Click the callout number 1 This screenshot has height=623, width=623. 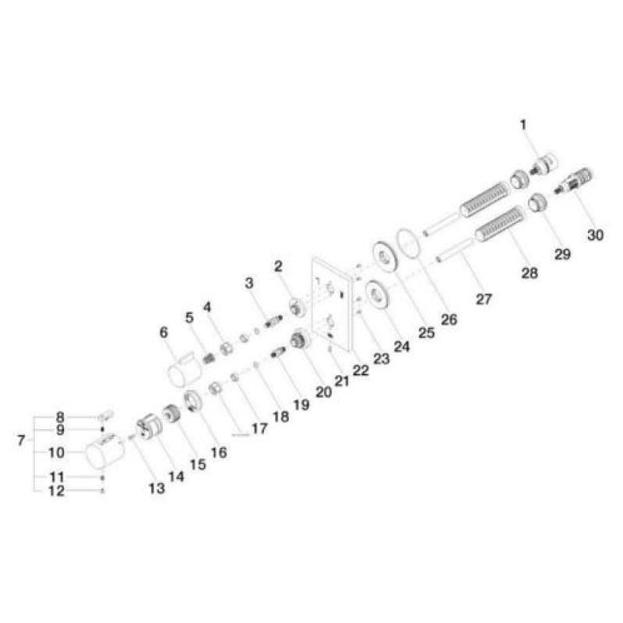[x=523, y=125]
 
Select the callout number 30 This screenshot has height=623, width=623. [x=595, y=235]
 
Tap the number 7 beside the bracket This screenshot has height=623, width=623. [x=21, y=440]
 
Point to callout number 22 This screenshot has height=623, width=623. [x=361, y=371]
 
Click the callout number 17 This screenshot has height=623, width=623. [x=259, y=428]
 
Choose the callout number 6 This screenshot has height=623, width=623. [x=164, y=333]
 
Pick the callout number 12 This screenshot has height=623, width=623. [x=56, y=491]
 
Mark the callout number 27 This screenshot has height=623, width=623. [x=484, y=299]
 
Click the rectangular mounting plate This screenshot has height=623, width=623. [x=332, y=304]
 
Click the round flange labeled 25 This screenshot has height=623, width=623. [x=384, y=256]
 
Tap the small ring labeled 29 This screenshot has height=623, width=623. [x=537, y=202]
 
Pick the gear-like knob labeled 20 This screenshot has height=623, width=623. [x=301, y=340]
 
